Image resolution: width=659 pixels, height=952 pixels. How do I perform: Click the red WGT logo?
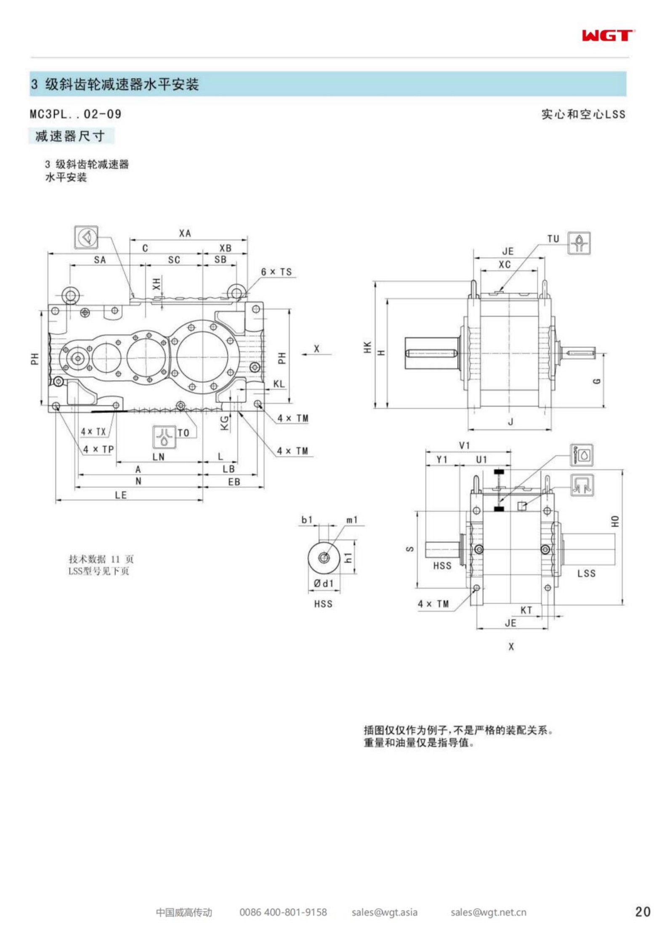pyautogui.click(x=608, y=36)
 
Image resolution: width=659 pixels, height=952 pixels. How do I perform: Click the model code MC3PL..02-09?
pyautogui.click(x=76, y=114)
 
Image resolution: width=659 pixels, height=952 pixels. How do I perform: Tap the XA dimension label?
pyautogui.click(x=185, y=233)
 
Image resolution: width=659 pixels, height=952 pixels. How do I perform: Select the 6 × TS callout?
pyautogui.click(x=276, y=272)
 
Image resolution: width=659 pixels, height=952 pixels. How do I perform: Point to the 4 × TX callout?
pyautogui.click(x=93, y=432)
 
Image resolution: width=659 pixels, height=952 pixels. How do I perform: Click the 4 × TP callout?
pyautogui.click(x=98, y=449)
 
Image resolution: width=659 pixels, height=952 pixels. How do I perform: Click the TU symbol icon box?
pyautogui.click(x=579, y=243)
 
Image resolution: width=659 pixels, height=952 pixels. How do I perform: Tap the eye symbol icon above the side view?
pyautogui.click(x=86, y=237)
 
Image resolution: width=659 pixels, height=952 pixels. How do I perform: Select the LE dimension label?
pyautogui.click(x=121, y=495)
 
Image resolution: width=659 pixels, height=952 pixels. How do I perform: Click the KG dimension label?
pyautogui.click(x=225, y=423)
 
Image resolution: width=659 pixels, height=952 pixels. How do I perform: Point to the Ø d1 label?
pyautogui.click(x=323, y=583)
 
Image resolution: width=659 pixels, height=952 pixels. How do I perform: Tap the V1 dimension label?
pyautogui.click(x=465, y=445)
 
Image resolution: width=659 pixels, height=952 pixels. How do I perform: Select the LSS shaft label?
pyautogui.click(x=586, y=573)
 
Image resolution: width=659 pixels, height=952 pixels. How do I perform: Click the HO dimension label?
pyautogui.click(x=615, y=521)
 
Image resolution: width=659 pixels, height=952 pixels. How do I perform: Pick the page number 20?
pyautogui.click(x=643, y=912)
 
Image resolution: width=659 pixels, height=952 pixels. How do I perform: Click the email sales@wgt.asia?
pyautogui.click(x=384, y=912)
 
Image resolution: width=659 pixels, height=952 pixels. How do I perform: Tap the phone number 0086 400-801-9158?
pyautogui.click(x=283, y=912)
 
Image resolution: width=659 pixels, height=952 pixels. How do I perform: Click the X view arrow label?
pyautogui.click(x=316, y=349)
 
